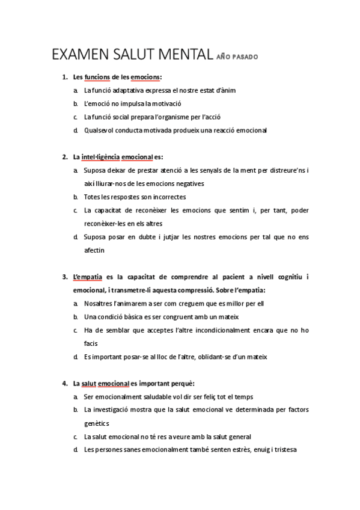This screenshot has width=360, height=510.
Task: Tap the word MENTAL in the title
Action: pyautogui.click(x=184, y=57)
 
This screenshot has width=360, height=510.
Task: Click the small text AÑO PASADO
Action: pyautogui.click(x=237, y=59)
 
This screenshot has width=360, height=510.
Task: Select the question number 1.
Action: pyautogui.click(x=64, y=78)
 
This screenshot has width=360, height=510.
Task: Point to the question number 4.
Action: pyautogui.click(x=64, y=383)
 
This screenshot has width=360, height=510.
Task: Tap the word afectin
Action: pyautogui.click(x=94, y=250)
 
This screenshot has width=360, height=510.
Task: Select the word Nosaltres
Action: pyautogui.click(x=100, y=303)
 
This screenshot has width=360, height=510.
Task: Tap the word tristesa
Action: pyautogui.click(x=285, y=449)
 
